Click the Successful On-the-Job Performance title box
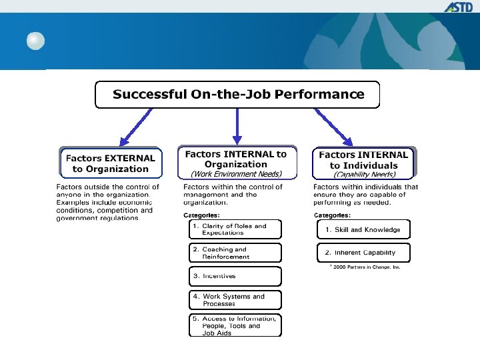click(x=237, y=94)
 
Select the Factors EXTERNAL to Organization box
click(x=110, y=163)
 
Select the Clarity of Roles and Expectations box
click(x=235, y=229)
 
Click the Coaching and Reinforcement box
click(x=235, y=253)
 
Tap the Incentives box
click(x=235, y=276)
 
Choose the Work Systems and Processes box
click(x=235, y=299)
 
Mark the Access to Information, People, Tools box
click(x=235, y=325)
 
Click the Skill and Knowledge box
click(x=363, y=229)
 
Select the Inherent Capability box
click(x=363, y=253)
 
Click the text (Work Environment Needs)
click(x=236, y=174)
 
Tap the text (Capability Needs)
click(x=364, y=175)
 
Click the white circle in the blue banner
click(x=35, y=41)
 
